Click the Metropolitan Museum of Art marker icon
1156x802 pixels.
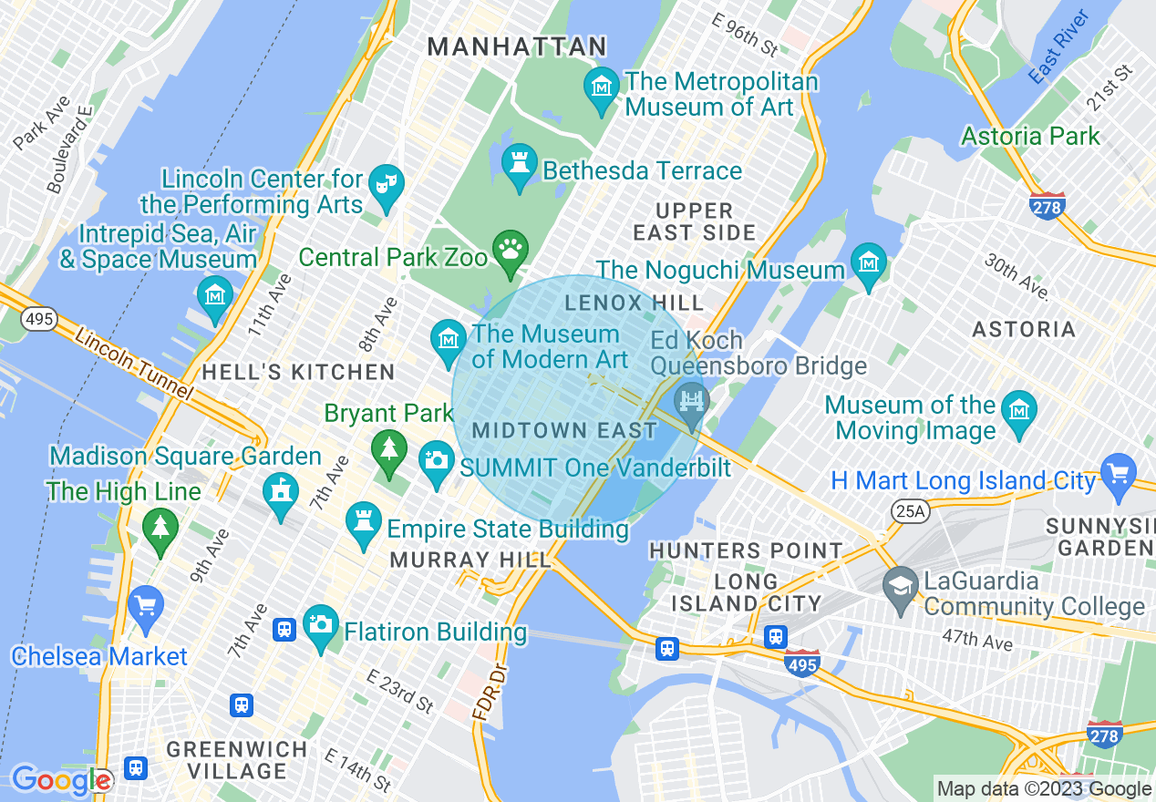click(601, 88)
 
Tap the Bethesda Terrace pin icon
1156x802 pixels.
click(519, 164)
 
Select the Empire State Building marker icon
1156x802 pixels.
click(363, 522)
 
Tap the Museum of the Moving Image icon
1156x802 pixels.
click(1019, 410)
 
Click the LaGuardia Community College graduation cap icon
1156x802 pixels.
click(901, 584)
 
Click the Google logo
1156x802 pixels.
click(61, 780)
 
